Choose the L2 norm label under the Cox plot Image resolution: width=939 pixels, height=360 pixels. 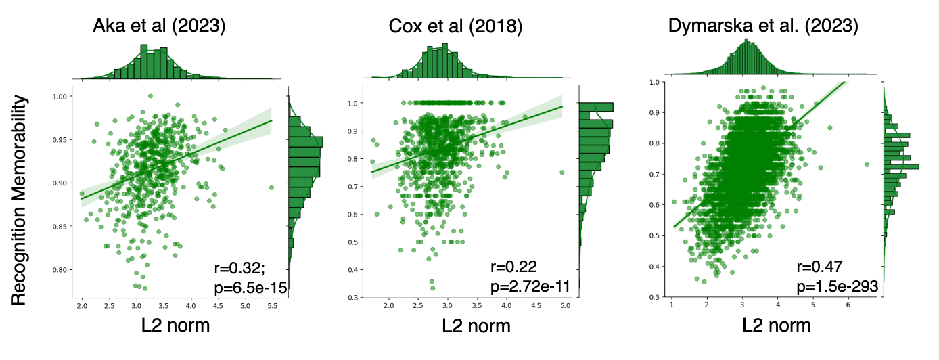476,325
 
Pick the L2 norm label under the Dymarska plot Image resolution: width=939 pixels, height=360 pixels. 777,325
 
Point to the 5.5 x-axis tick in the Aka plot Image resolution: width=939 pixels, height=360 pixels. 272,306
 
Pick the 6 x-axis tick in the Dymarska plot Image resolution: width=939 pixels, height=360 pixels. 848,306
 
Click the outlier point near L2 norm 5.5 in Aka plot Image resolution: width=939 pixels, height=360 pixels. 271,187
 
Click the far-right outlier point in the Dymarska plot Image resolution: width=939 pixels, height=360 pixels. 867,164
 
